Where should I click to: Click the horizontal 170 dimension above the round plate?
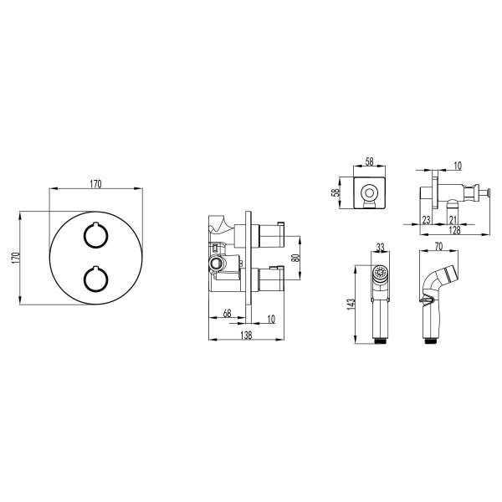[95, 184]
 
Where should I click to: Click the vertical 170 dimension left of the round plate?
[16, 258]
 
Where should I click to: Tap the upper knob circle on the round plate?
[95, 235]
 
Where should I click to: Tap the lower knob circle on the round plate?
[95, 279]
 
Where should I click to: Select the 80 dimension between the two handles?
[296, 258]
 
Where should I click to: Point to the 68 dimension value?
[227, 313]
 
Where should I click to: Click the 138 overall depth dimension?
[246, 335]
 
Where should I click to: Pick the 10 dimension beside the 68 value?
[271, 319]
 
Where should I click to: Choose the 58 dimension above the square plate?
[369, 161]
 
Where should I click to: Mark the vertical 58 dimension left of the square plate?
[336, 192]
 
